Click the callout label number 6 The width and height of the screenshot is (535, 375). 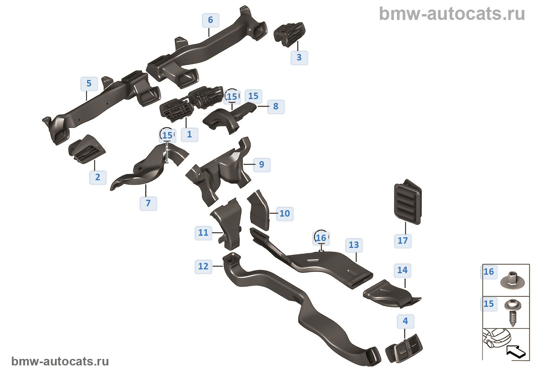click(x=211, y=20)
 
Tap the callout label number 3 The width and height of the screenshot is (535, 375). click(x=299, y=58)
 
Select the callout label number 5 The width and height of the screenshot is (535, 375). click(x=89, y=84)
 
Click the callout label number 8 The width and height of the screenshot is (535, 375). click(x=276, y=107)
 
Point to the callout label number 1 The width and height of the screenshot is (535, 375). click(x=190, y=135)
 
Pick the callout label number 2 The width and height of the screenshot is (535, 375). click(x=98, y=178)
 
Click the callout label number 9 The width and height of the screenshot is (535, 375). click(x=262, y=165)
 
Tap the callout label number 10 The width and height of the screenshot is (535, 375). click(x=285, y=214)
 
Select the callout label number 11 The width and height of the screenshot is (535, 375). click(x=203, y=233)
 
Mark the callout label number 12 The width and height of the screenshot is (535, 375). click(x=203, y=266)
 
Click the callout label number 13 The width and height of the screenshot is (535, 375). click(x=354, y=245)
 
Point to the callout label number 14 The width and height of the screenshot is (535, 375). click(x=402, y=271)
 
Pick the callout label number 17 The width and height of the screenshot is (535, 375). click(x=403, y=241)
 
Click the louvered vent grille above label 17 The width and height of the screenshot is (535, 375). click(x=408, y=201)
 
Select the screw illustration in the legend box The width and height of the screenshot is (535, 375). click(x=512, y=312)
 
